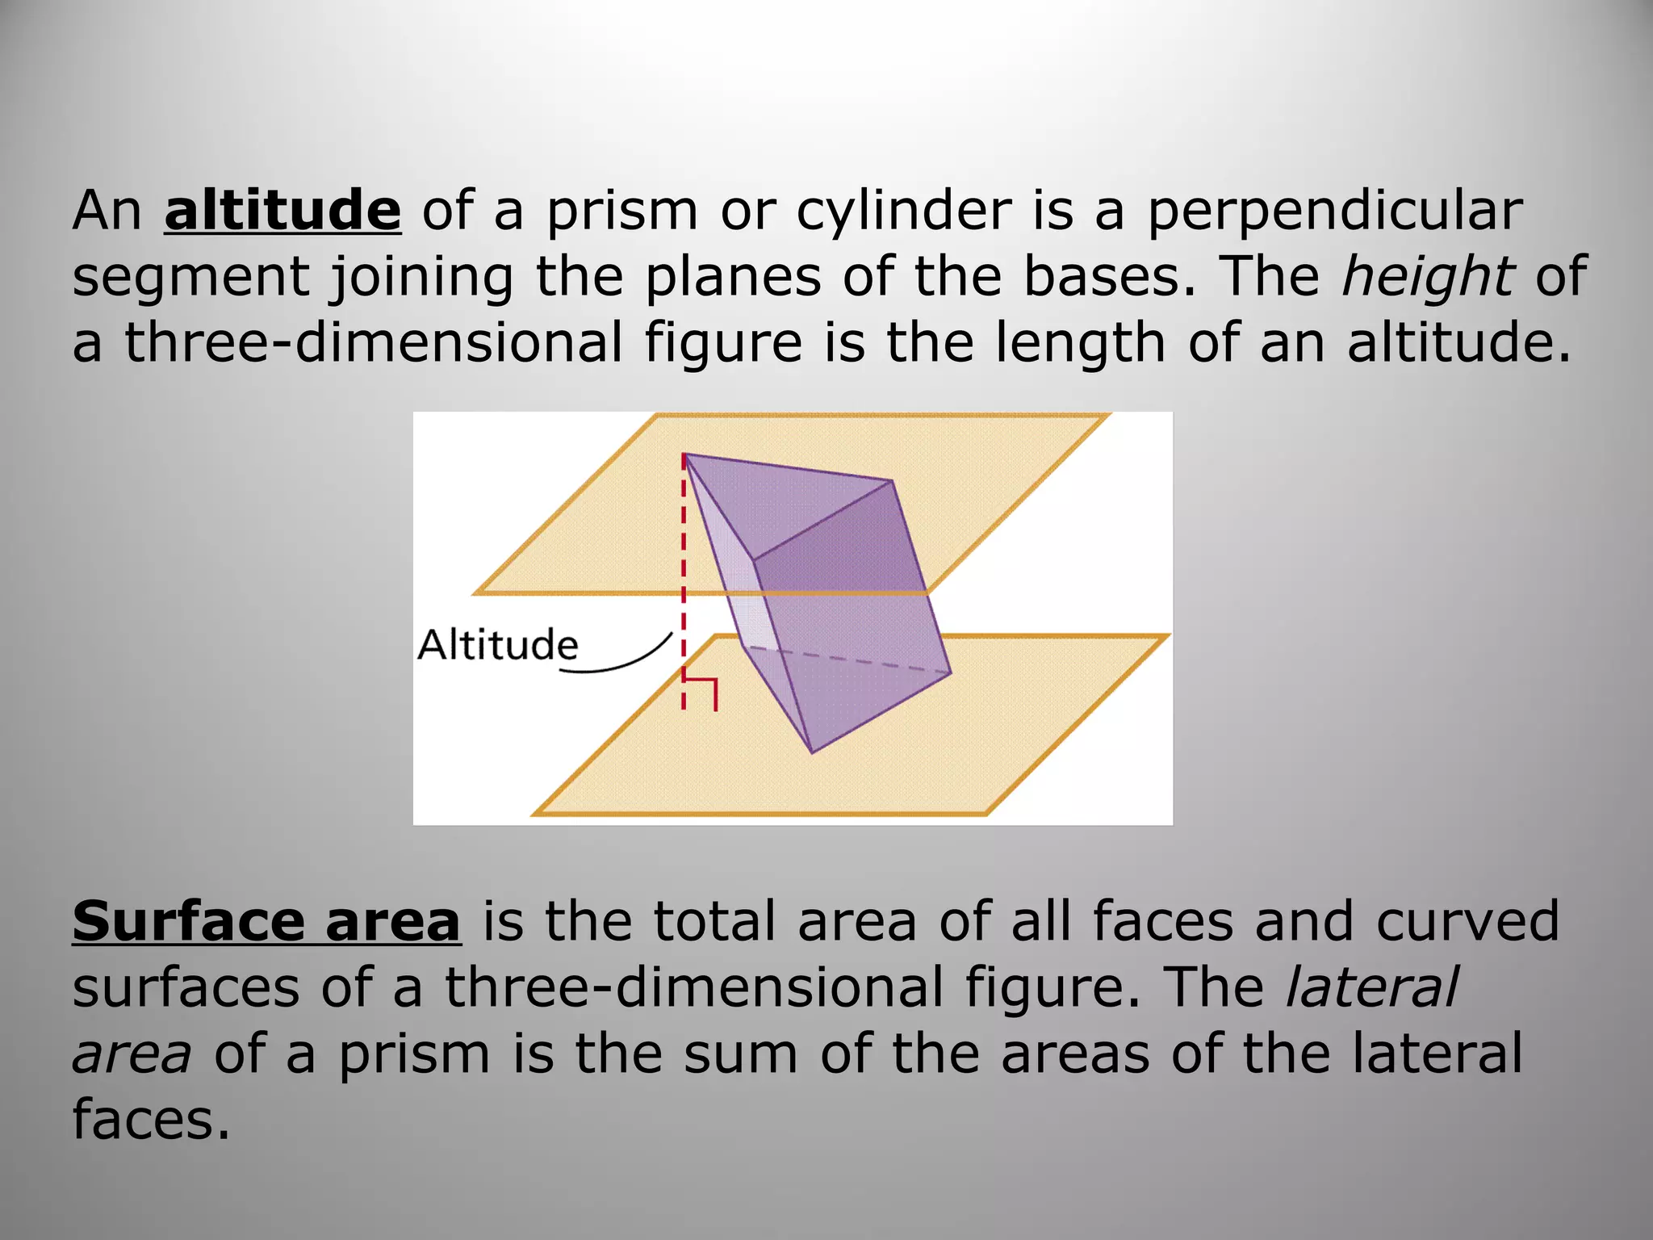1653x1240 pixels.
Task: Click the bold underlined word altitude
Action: click(282, 211)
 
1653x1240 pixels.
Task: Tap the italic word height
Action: click(1427, 277)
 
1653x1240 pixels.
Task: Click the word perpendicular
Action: click(1334, 212)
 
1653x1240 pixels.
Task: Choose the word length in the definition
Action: click(1080, 343)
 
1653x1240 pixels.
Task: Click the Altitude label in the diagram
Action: click(498, 645)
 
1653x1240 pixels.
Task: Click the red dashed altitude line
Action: click(684, 565)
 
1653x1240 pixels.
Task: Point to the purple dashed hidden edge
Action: click(847, 660)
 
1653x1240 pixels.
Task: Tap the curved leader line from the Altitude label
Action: click(621, 664)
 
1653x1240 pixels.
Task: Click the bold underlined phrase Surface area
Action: click(266, 921)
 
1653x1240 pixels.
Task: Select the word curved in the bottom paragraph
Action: click(1467, 921)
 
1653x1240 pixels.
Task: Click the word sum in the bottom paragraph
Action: click(740, 1054)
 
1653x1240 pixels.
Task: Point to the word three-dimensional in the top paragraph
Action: click(374, 341)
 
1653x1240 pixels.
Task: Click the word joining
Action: click(422, 277)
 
